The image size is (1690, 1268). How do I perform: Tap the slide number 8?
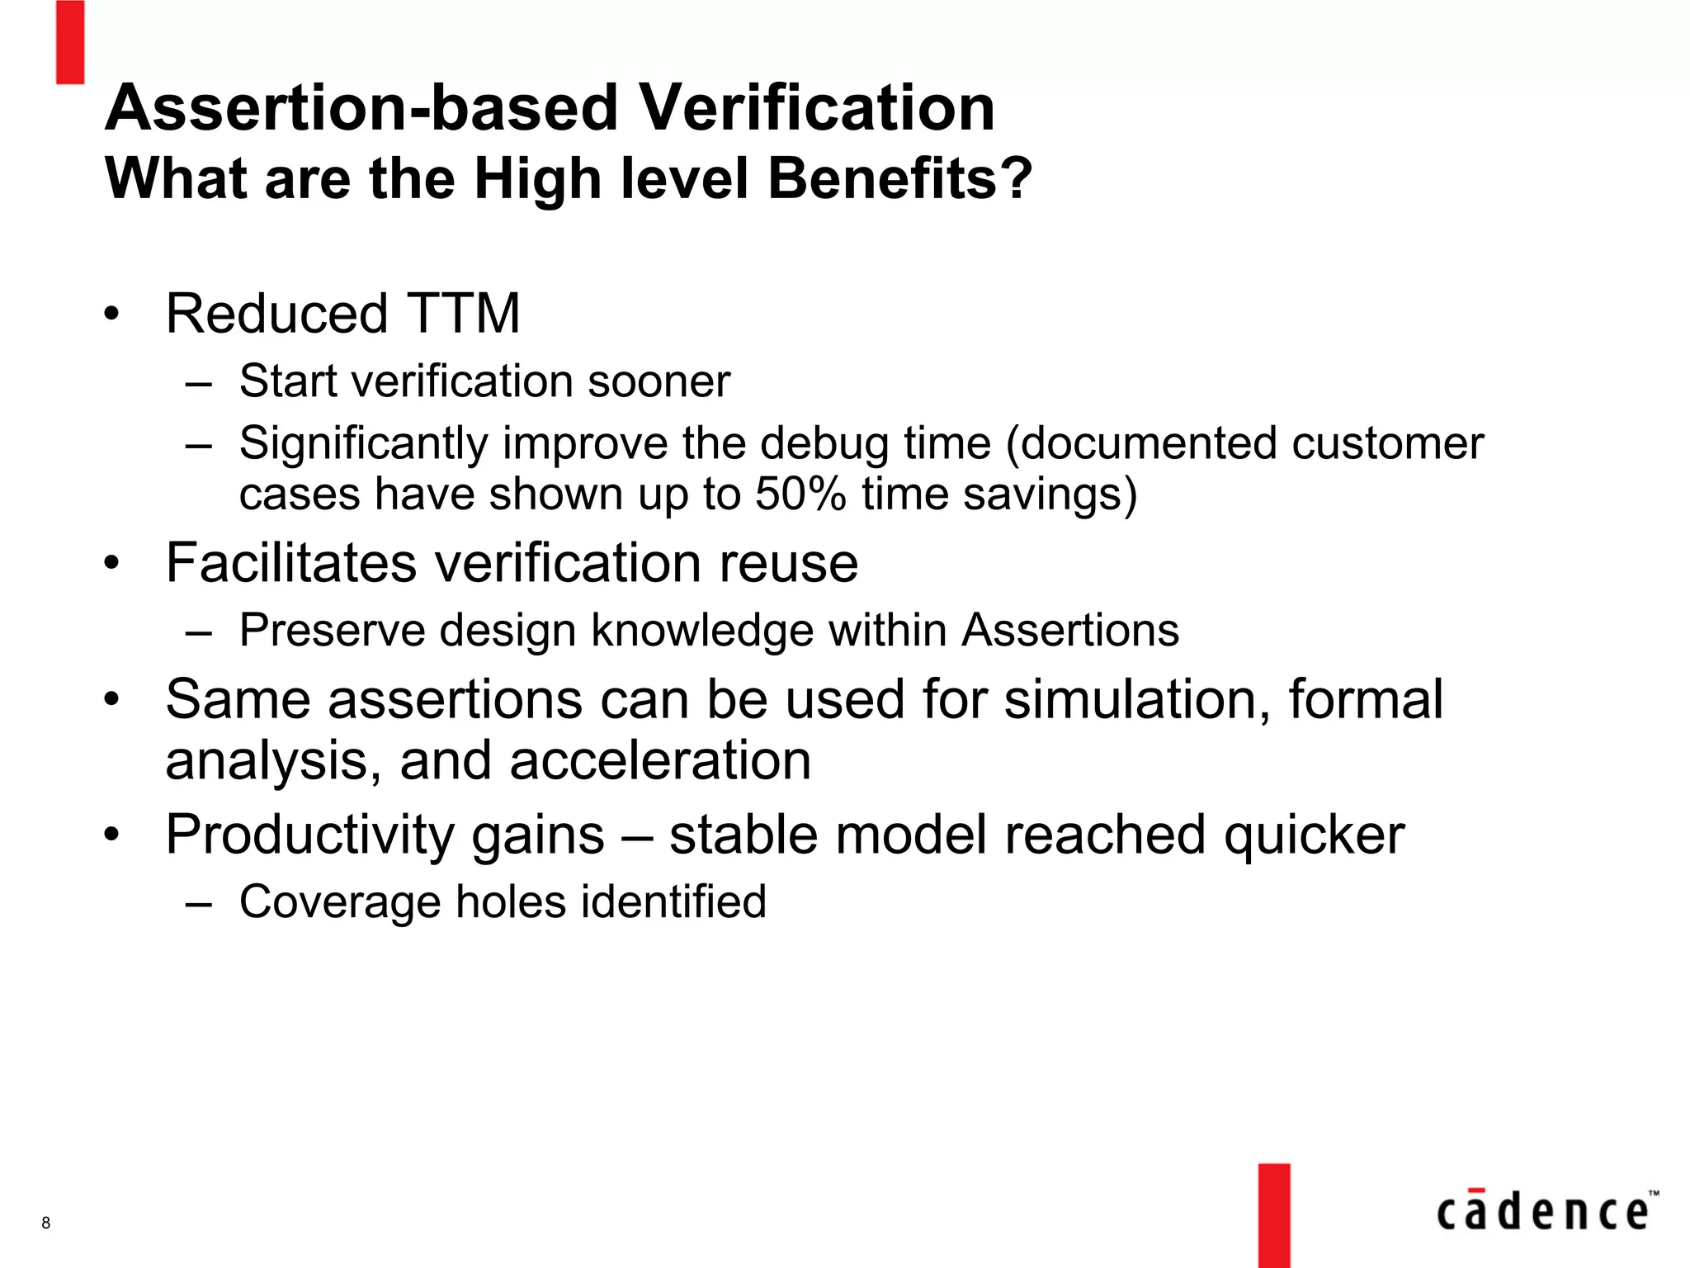[x=46, y=1223]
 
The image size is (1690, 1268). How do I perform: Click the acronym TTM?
[x=463, y=314]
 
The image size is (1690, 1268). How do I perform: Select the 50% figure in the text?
[x=800, y=494]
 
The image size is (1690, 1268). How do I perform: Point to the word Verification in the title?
[x=818, y=108]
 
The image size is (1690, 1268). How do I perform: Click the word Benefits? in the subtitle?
[x=899, y=178]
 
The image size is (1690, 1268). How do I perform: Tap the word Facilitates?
[x=290, y=563]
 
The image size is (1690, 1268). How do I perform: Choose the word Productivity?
[x=302, y=835]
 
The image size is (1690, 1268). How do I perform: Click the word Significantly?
[x=363, y=443]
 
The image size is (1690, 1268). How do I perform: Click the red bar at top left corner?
[x=70, y=41]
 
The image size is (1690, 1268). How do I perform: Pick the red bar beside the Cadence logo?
[x=1274, y=1215]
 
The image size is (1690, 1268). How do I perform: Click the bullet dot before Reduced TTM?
[x=112, y=314]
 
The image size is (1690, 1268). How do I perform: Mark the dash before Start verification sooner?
[x=199, y=382]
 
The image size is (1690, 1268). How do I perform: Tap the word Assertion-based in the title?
[x=361, y=108]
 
